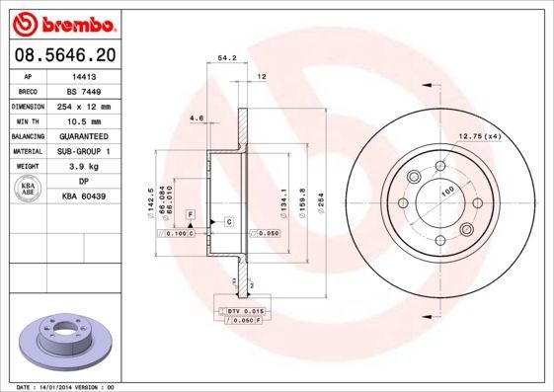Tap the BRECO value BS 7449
pyautogui.click(x=84, y=90)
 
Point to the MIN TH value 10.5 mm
pyautogui.click(x=83, y=120)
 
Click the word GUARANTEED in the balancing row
pyautogui.click(x=84, y=136)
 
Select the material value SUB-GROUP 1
pyautogui.click(x=84, y=151)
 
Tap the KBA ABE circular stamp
pyautogui.click(x=29, y=190)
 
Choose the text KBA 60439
pyautogui.click(x=84, y=197)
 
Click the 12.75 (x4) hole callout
pyautogui.click(x=479, y=135)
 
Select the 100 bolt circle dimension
pyautogui.click(x=446, y=190)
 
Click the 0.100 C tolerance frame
pyautogui.click(x=179, y=233)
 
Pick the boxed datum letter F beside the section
pyautogui.click(x=190, y=214)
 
